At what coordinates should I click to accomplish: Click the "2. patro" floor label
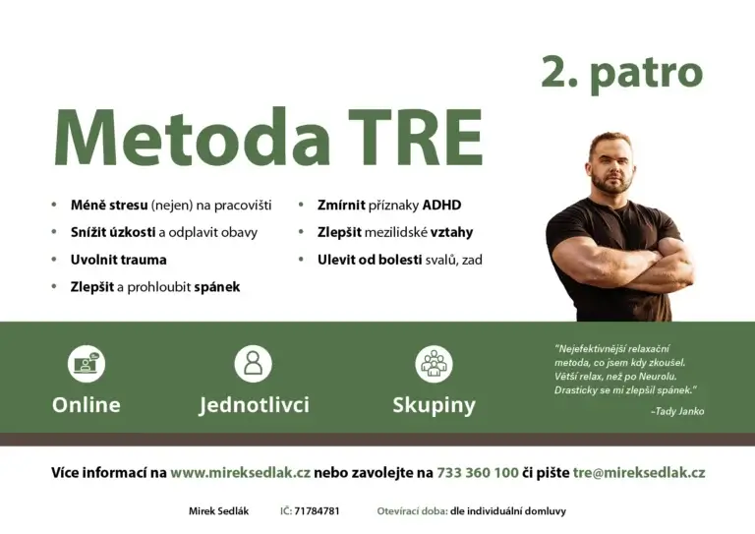click(x=622, y=73)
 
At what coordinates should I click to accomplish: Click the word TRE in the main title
click(x=415, y=138)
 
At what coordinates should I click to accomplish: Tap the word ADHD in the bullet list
click(x=441, y=206)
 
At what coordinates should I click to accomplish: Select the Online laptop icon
click(x=87, y=364)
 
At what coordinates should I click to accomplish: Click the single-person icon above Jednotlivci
click(x=254, y=364)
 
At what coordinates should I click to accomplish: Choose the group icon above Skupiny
click(x=434, y=364)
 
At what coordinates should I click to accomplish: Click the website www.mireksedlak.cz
click(x=240, y=473)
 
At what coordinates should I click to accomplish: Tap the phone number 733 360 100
click(x=478, y=473)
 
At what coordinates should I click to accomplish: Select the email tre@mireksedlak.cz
click(x=639, y=473)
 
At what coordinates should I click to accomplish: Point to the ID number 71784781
click(x=317, y=511)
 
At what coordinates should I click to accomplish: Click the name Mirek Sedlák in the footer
click(x=218, y=511)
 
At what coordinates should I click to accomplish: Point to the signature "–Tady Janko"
click(x=677, y=411)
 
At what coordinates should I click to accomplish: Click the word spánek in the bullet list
click(x=216, y=287)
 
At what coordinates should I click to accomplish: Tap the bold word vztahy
click(x=451, y=232)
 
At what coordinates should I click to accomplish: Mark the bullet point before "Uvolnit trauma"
click(x=54, y=260)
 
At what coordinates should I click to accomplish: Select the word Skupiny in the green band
click(x=434, y=405)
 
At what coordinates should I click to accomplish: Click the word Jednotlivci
click(x=254, y=405)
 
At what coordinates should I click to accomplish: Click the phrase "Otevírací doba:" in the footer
click(x=412, y=511)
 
